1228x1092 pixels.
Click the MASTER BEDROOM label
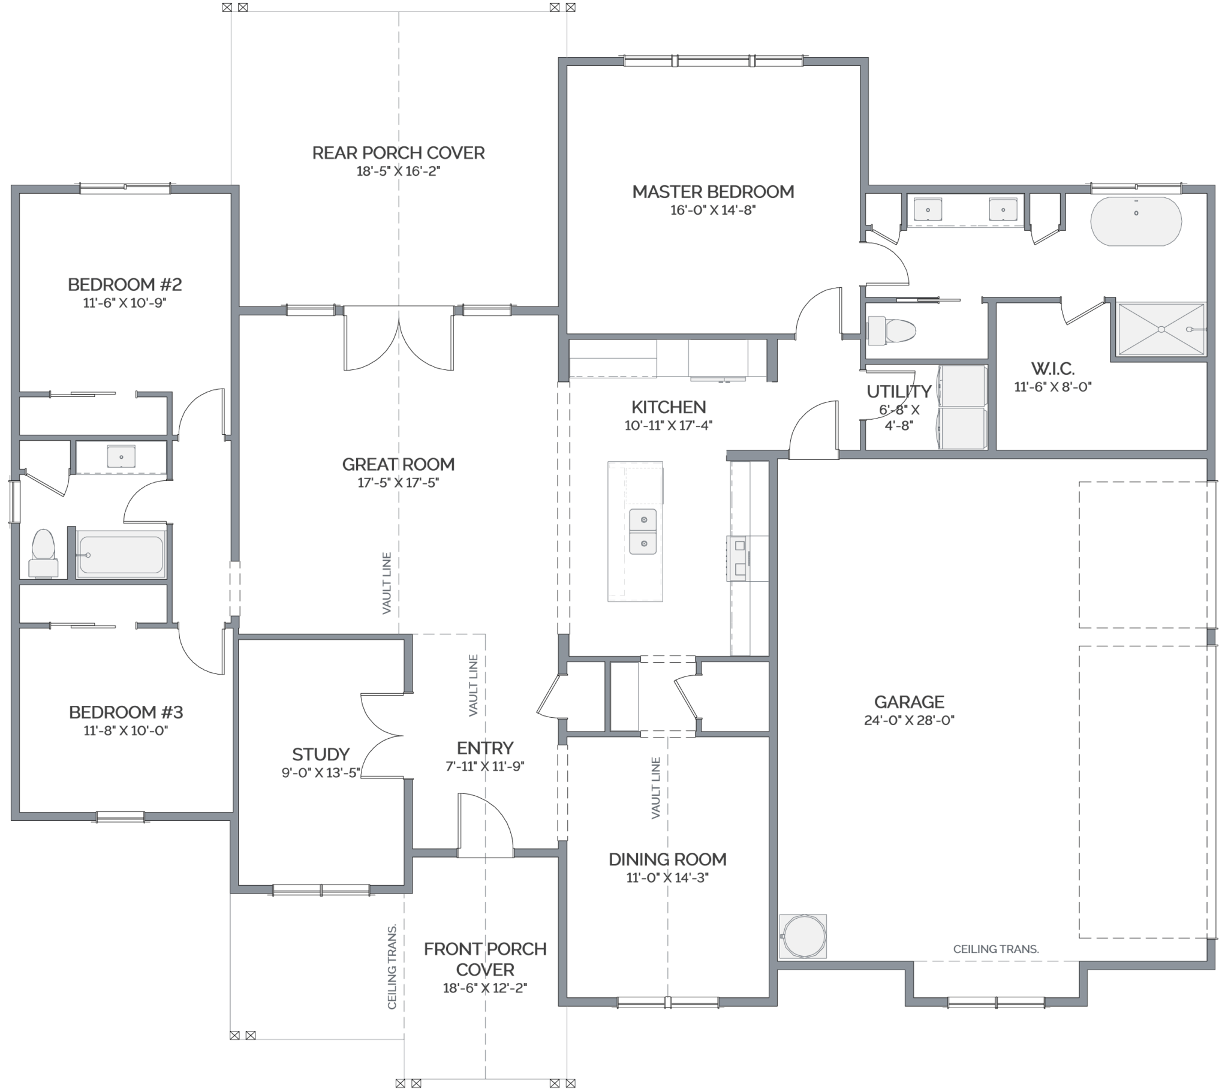(x=712, y=192)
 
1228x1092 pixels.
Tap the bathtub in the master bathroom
(x=1136, y=221)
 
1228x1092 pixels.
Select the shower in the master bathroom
(x=1161, y=329)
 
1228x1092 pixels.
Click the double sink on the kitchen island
(x=643, y=531)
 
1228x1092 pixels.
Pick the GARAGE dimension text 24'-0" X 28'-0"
(x=909, y=720)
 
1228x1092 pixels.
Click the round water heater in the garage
(x=803, y=935)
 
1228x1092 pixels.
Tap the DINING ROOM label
(x=667, y=859)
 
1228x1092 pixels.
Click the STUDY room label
(x=321, y=754)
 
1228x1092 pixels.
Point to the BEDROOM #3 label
(x=125, y=712)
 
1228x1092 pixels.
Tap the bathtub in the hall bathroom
(x=121, y=555)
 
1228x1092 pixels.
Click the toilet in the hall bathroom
(x=43, y=552)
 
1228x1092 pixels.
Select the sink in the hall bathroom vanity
(x=121, y=457)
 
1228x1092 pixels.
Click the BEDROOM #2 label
(x=124, y=284)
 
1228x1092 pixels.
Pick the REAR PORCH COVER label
(x=398, y=153)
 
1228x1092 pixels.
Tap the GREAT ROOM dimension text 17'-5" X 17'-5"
(x=398, y=483)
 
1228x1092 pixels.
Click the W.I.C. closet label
(x=1052, y=368)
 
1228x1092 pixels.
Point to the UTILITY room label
(x=899, y=391)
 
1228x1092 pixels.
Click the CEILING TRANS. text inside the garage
(x=995, y=949)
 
